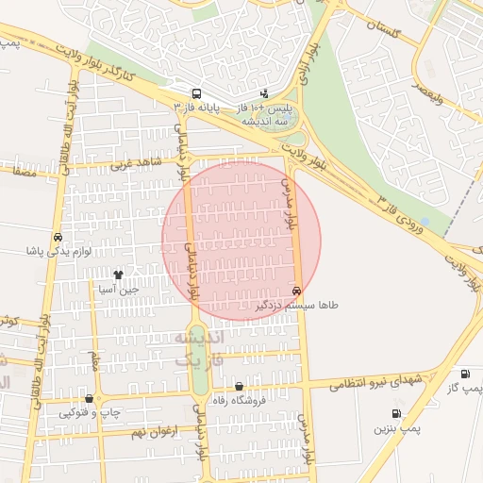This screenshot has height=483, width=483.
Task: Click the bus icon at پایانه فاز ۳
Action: coord(196,94)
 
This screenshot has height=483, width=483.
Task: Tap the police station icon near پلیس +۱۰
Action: coord(264,94)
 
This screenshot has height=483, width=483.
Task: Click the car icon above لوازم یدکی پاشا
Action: coord(58,238)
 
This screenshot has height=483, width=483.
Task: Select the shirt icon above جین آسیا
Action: coord(118,275)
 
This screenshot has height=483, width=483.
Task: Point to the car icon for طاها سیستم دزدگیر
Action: coord(297,291)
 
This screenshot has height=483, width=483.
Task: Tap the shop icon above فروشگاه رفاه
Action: coord(239,387)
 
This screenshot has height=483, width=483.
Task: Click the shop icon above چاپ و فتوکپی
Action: coord(90,399)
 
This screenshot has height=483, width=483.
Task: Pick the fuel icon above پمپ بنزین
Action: coord(395,413)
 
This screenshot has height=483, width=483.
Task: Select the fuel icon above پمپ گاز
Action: coord(464,375)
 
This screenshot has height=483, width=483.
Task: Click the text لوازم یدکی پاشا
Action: coord(58,253)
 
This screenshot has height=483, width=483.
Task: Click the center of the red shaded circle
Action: coord(241,241)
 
